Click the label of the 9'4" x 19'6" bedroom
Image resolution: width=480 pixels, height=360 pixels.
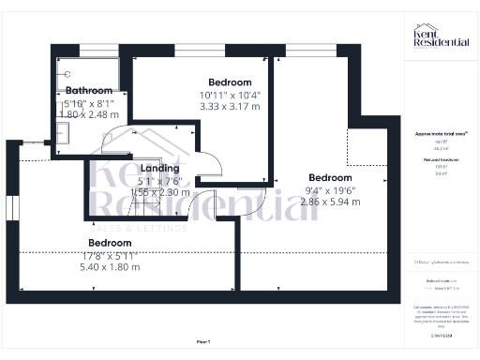pyautogui.click(x=330, y=178)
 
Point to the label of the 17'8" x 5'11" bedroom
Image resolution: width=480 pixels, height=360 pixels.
pyautogui.click(x=109, y=243)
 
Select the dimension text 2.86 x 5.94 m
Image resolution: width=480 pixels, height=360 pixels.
pyautogui.click(x=330, y=202)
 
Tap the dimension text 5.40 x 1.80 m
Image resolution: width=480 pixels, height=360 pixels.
pyautogui.click(x=109, y=266)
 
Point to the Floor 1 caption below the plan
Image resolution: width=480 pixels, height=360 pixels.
pyautogui.click(x=203, y=341)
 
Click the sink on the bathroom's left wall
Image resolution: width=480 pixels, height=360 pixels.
pyautogui.click(x=62, y=134)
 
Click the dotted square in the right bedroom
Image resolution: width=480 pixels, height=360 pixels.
pyautogui.click(x=365, y=150)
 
